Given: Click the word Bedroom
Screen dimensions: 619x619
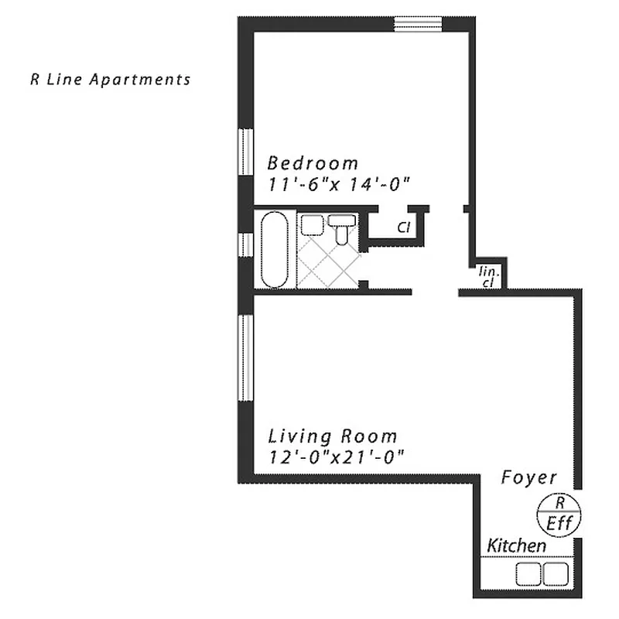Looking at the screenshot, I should (313, 163).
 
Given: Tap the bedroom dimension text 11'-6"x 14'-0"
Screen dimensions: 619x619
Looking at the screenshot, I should (338, 184).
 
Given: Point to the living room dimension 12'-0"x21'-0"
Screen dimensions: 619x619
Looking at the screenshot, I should (337, 457).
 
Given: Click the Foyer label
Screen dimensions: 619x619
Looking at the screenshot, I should (528, 477).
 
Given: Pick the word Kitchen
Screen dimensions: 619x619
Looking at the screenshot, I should (516, 545).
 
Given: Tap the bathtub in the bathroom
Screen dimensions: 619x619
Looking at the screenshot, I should (274, 250).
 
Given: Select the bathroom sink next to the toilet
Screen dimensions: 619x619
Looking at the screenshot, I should (312, 225).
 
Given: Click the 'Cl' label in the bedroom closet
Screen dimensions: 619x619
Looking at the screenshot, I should (403, 227).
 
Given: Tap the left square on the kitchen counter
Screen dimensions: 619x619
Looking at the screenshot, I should (528, 573).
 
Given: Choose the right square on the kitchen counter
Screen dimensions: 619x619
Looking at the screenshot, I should (556, 573).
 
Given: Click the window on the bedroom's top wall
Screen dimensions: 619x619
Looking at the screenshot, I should (418, 24).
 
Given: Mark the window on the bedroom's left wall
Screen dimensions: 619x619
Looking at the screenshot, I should (246, 152).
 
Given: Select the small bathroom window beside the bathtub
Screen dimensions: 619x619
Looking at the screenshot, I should (246, 244).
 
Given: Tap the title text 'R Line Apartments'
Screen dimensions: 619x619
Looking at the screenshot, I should (109, 79).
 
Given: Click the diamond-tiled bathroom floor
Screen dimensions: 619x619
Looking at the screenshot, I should (328, 263).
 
